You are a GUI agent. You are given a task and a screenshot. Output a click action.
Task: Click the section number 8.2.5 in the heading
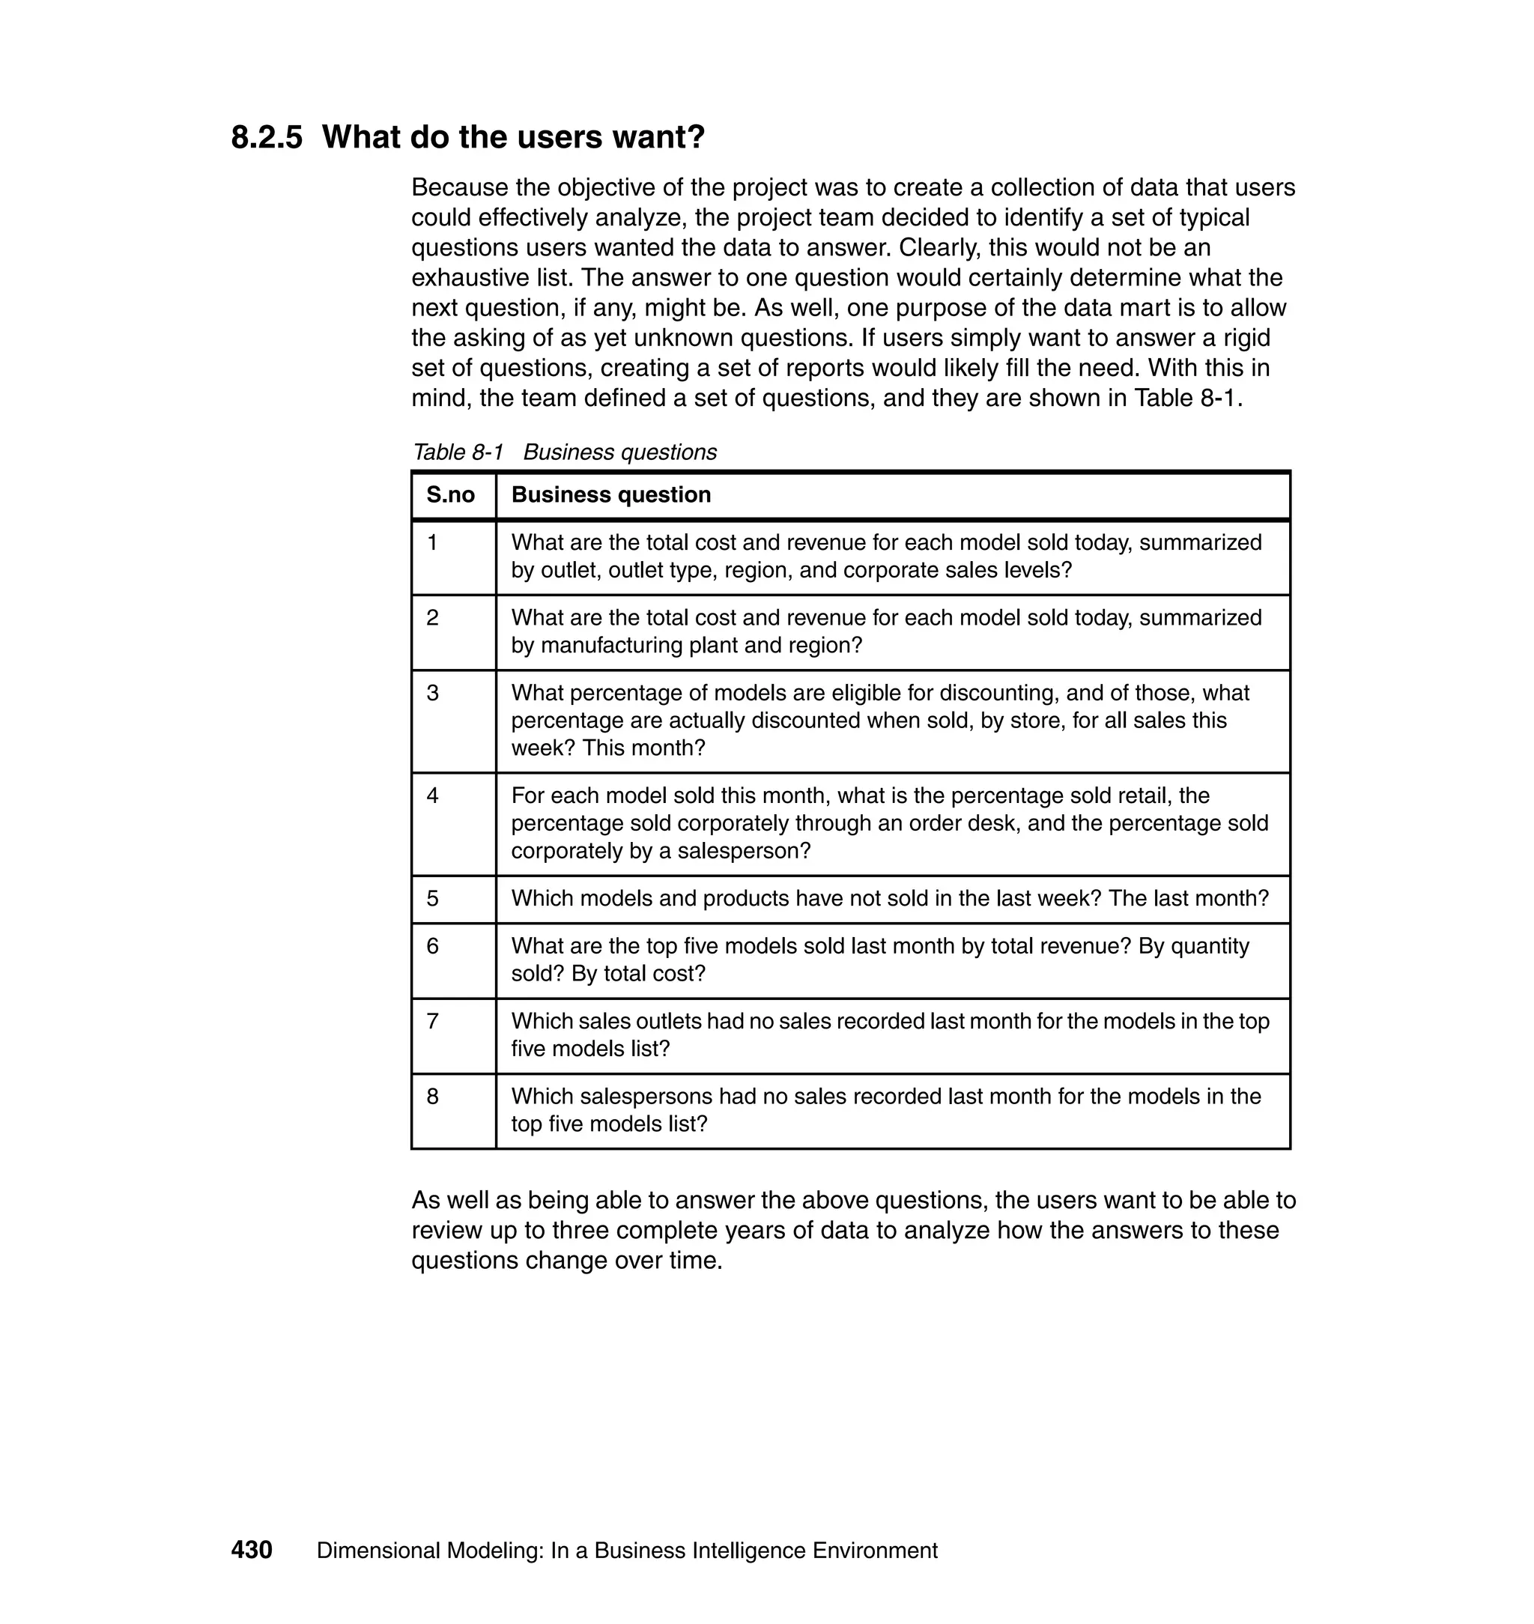click(x=267, y=137)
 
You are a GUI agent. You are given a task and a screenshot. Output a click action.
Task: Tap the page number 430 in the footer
click(x=252, y=1551)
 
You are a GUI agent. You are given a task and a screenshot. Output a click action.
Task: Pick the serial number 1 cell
click(x=433, y=542)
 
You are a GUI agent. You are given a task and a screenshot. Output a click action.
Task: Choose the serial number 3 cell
click(x=433, y=693)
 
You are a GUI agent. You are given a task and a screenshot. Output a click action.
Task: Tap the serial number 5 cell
click(x=433, y=899)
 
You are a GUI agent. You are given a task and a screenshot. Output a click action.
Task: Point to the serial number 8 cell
click(x=433, y=1097)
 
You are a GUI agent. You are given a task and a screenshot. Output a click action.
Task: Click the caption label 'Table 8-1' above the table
click(x=458, y=452)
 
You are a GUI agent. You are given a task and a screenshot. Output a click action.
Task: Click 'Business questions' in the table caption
click(x=619, y=452)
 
